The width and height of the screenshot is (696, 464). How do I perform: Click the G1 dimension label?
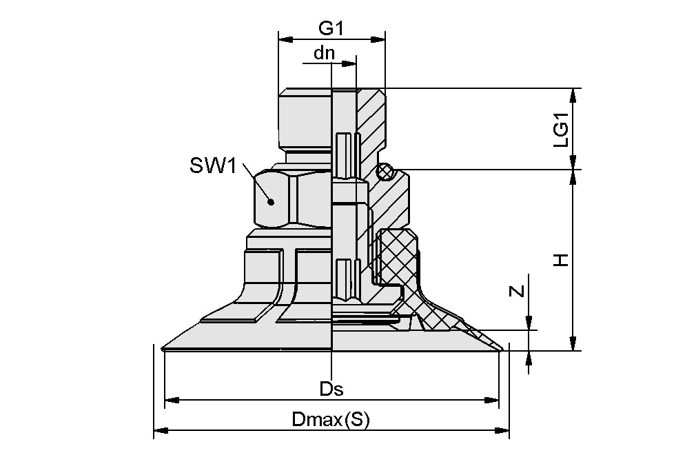(331, 29)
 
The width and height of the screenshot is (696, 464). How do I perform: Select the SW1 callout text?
(213, 166)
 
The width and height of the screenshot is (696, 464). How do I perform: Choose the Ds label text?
(331, 389)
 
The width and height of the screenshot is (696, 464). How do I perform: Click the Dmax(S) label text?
(331, 419)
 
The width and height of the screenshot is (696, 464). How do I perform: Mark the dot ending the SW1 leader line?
(272, 202)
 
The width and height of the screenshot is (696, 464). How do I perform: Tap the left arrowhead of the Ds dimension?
(170, 399)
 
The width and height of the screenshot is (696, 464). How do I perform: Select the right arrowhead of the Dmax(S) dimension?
(504, 430)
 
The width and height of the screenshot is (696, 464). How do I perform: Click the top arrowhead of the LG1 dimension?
(573, 94)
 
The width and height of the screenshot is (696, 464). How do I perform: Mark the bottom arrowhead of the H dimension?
(573, 345)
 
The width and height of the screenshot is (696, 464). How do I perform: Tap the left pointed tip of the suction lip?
(163, 349)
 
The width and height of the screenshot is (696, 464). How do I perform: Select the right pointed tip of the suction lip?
(501, 350)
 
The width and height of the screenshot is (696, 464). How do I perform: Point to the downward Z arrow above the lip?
(529, 323)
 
